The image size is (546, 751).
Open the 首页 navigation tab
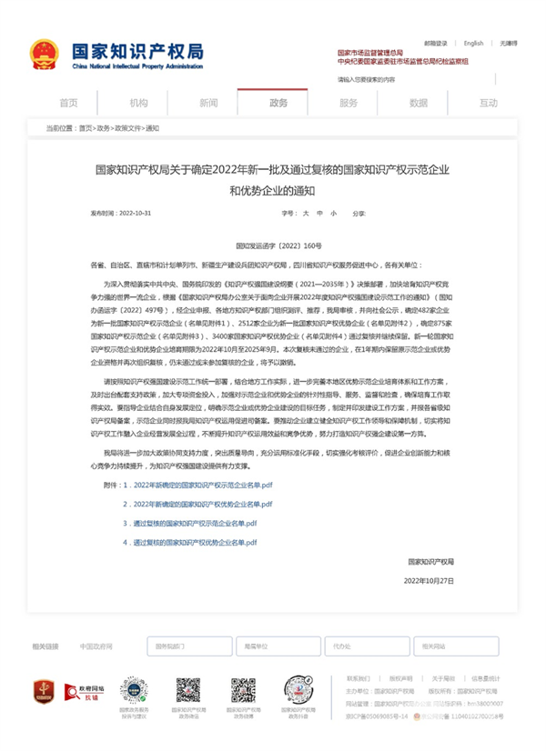point(68,103)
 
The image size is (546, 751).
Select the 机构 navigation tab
point(138,103)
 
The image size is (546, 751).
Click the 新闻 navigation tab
point(208,103)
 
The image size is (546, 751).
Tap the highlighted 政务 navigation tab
point(278,103)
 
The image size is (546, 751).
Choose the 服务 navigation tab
point(349,103)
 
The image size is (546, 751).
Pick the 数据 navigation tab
point(419,103)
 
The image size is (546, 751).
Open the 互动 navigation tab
point(489,103)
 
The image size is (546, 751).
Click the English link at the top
point(473,43)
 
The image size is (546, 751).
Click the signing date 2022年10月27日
point(428,579)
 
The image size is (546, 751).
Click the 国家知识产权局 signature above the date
point(430,561)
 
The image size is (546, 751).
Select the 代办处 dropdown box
point(347,646)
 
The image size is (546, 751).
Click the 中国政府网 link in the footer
point(96,646)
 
